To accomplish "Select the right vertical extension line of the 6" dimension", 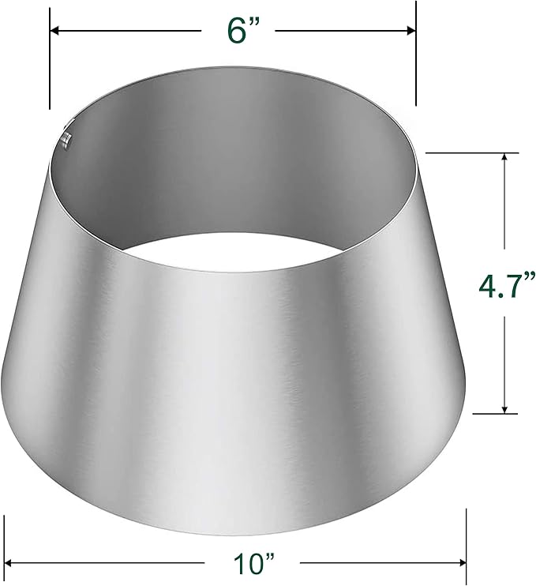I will (416, 63).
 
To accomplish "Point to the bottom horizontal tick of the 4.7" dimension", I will (489, 412).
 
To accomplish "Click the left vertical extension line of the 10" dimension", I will (5, 545).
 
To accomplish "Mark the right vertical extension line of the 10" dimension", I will (467, 545).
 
